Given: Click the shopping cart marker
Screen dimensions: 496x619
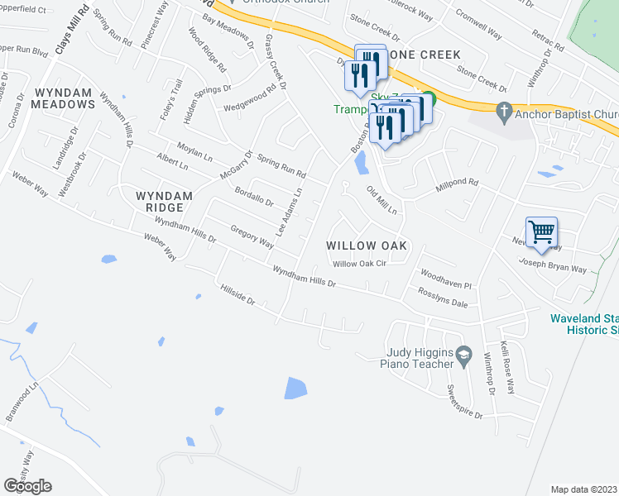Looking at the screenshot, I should (541, 232).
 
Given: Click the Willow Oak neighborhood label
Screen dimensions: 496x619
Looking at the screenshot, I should (367, 246).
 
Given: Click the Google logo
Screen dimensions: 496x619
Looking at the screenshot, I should (27, 485).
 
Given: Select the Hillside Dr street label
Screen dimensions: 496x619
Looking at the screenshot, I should (238, 296).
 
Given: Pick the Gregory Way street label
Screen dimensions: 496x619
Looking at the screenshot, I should (252, 237).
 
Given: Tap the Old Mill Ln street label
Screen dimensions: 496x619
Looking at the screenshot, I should (382, 200).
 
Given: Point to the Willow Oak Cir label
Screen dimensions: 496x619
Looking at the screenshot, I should (360, 265).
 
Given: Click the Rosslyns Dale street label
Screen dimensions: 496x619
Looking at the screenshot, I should (444, 303).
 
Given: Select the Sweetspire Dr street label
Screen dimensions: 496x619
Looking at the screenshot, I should (463, 402).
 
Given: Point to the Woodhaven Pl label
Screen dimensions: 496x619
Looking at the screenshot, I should (445, 279).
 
